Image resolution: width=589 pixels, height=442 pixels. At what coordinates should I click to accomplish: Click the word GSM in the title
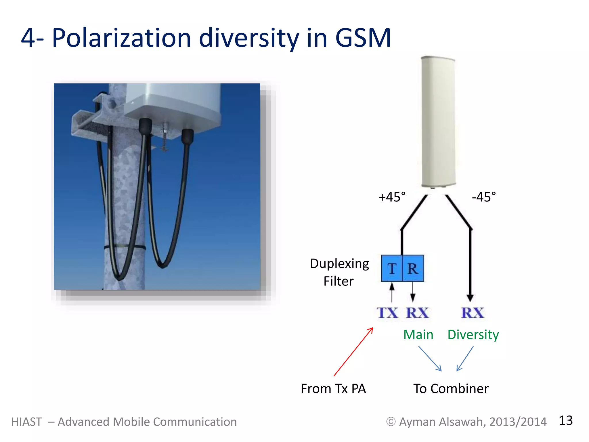[x=363, y=38]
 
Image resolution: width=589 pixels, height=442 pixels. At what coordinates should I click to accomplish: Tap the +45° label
[x=392, y=197]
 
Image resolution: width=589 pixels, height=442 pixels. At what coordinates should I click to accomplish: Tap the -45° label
[x=484, y=197]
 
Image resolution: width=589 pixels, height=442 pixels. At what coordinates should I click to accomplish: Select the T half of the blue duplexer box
[x=392, y=268]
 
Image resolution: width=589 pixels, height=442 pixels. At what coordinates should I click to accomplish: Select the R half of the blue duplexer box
[x=413, y=268]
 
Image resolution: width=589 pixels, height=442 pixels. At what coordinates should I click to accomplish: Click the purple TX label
[x=387, y=313]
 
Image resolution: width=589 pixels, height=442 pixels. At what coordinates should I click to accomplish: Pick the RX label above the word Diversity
[x=473, y=313]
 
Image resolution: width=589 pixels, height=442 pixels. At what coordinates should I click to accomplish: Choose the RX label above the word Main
[x=417, y=313]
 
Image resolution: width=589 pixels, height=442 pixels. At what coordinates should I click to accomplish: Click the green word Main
[x=418, y=335]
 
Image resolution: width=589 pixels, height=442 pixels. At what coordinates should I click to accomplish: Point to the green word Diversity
[x=473, y=335]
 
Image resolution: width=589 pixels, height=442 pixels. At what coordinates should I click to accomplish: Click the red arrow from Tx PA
[x=353, y=352]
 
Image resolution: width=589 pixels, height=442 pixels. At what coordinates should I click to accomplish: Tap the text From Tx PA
[x=333, y=389]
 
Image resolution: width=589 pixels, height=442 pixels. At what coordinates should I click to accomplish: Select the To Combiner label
[x=451, y=389]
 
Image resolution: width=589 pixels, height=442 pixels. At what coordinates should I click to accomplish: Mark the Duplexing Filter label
[x=339, y=272]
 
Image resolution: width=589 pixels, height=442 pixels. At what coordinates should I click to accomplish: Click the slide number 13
[x=565, y=421]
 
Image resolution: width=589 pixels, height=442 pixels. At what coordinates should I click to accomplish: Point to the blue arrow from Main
[x=430, y=359]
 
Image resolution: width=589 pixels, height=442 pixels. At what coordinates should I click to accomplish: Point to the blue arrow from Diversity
[x=465, y=359]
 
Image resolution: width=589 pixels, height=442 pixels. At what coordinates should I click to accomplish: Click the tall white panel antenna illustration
[x=438, y=122]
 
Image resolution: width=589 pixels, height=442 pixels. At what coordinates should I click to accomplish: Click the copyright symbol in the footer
[x=391, y=422]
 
